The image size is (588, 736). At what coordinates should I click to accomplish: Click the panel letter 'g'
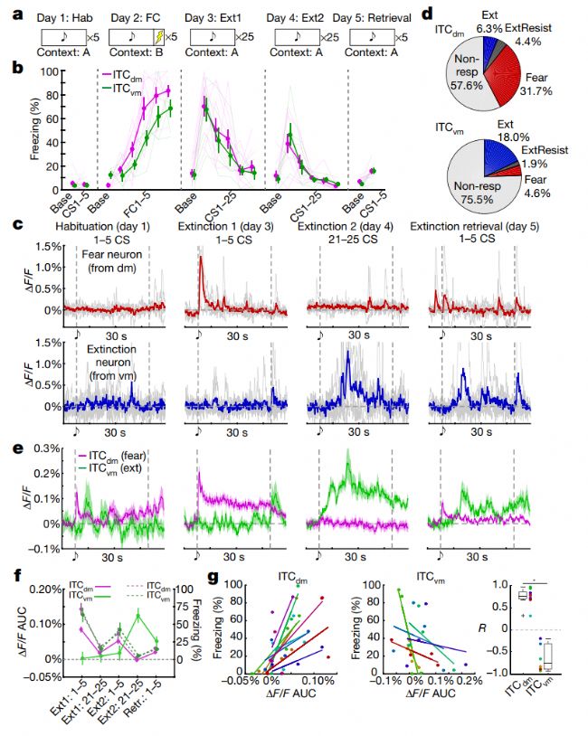(x=212, y=575)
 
